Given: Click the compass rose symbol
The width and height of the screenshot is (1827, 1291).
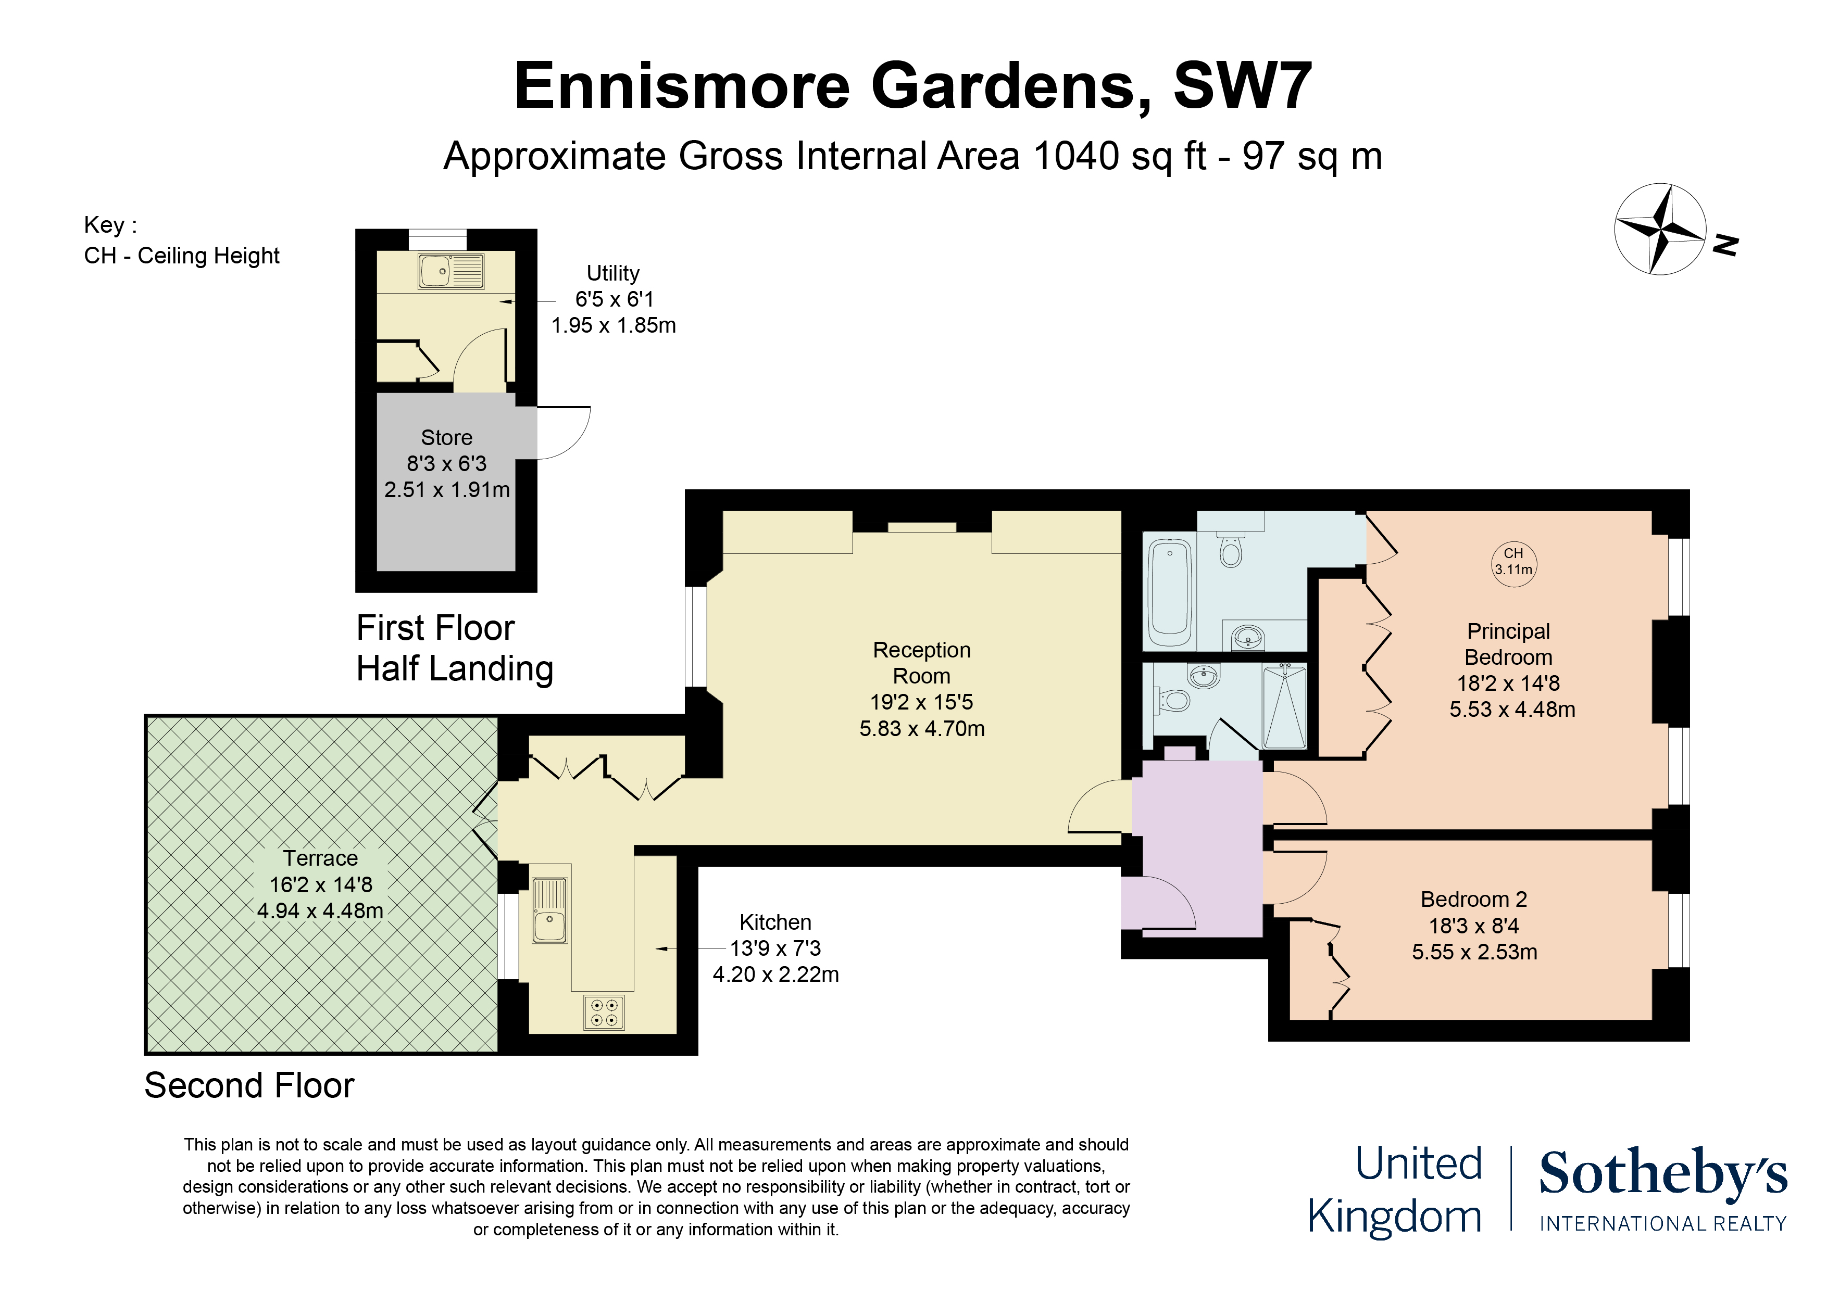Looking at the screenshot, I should tap(1659, 229).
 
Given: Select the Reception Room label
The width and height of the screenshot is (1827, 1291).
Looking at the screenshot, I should tap(921, 663).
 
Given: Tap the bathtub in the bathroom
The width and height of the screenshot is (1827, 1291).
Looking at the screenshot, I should tap(1169, 592).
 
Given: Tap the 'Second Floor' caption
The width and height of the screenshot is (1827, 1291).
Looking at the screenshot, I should tap(249, 1086).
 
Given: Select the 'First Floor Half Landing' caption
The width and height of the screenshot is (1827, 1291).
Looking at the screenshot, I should tap(454, 648).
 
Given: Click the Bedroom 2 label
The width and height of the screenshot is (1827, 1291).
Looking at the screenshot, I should tap(1474, 899).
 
